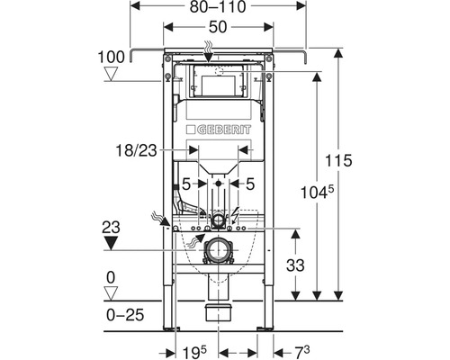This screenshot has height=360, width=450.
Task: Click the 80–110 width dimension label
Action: tap(218, 6)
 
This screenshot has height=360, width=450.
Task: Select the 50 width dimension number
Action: tap(218, 27)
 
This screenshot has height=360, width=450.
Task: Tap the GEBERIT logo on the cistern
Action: tap(219, 130)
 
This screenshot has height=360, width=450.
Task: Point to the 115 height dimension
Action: tap(338, 160)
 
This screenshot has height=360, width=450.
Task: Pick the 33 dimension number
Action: tap(295, 265)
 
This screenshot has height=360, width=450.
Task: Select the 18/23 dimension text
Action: tap(137, 150)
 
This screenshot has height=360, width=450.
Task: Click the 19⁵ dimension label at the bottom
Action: tap(194, 352)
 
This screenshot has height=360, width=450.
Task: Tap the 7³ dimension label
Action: tap(301, 352)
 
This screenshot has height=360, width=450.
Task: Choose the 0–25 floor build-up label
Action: tap(125, 315)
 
